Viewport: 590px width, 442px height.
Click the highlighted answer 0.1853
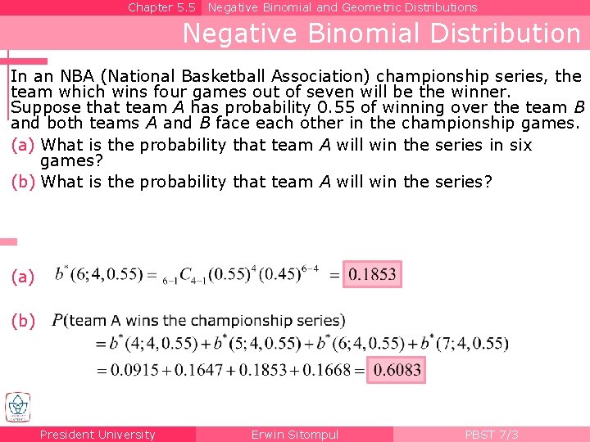pyautogui.click(x=373, y=275)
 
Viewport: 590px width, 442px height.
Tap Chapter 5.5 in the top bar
pyautogui.click(x=161, y=7)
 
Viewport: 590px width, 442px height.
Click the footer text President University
pyautogui.click(x=98, y=435)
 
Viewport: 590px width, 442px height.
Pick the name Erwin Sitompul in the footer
pyautogui.click(x=294, y=435)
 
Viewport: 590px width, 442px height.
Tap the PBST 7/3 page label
pyautogui.click(x=491, y=435)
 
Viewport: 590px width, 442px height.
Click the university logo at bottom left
pyautogui.click(x=17, y=407)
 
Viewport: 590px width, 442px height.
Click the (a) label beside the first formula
pyautogui.click(x=23, y=277)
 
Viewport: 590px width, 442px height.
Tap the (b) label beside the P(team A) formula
pyautogui.click(x=23, y=321)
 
